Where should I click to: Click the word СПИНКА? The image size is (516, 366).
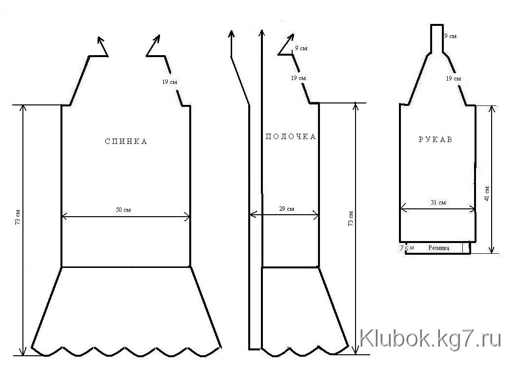126,142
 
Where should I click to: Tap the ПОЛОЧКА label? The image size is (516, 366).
291,137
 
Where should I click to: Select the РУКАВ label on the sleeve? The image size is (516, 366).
436,140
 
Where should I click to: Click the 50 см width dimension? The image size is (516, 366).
123,209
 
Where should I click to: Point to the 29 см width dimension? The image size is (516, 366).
286,209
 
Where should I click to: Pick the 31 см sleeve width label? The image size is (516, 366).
438,203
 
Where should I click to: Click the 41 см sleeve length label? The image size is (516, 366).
487,194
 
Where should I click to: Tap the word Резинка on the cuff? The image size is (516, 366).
438,248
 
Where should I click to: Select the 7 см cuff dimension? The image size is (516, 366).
407,247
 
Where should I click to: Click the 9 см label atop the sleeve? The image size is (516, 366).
451,36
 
